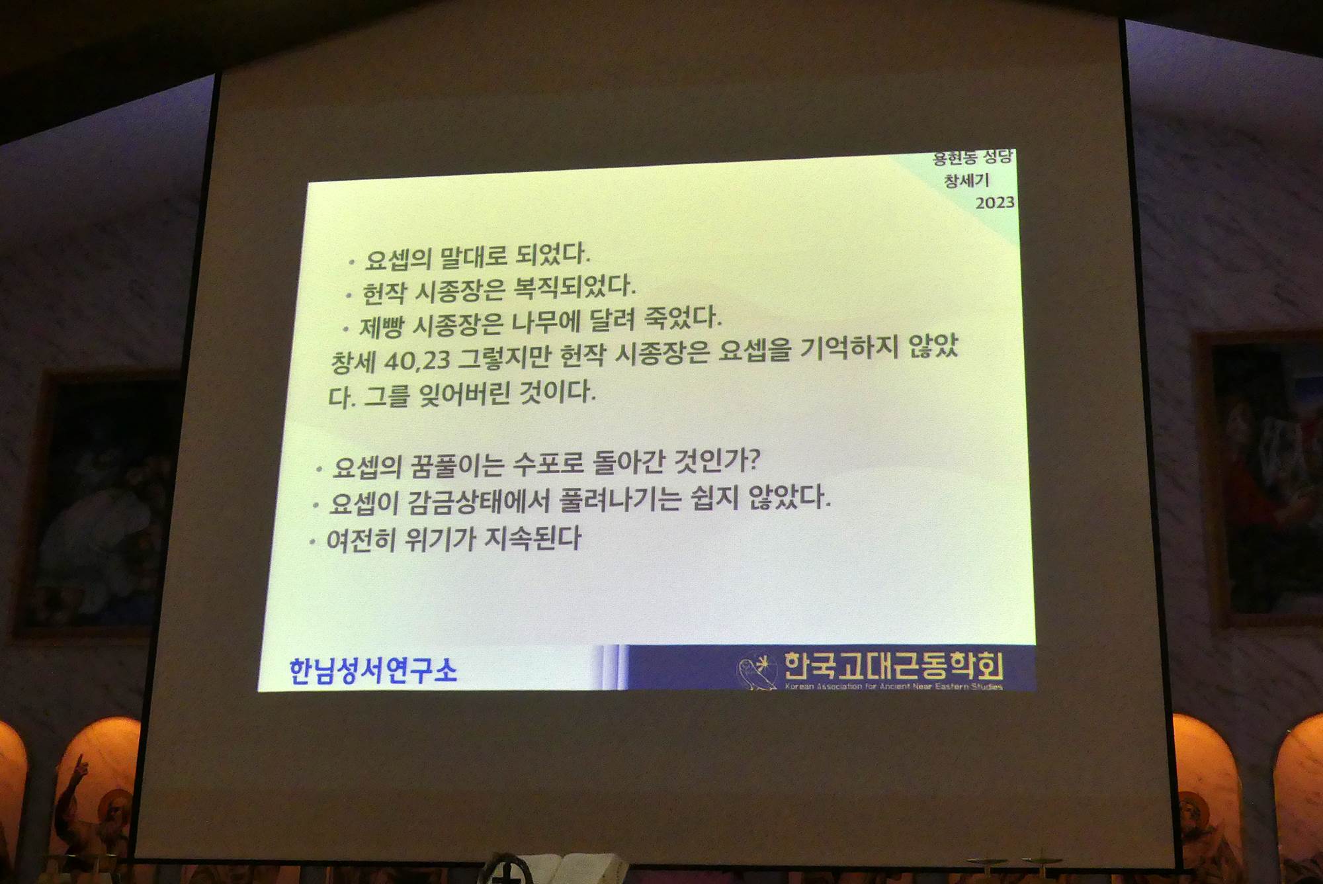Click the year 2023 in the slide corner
pos(995,202)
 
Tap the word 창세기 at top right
pos(966,180)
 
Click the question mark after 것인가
pos(753,459)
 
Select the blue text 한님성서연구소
pos(373,670)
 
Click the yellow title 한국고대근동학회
pos(893,666)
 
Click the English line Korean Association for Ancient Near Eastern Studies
pos(894,686)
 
